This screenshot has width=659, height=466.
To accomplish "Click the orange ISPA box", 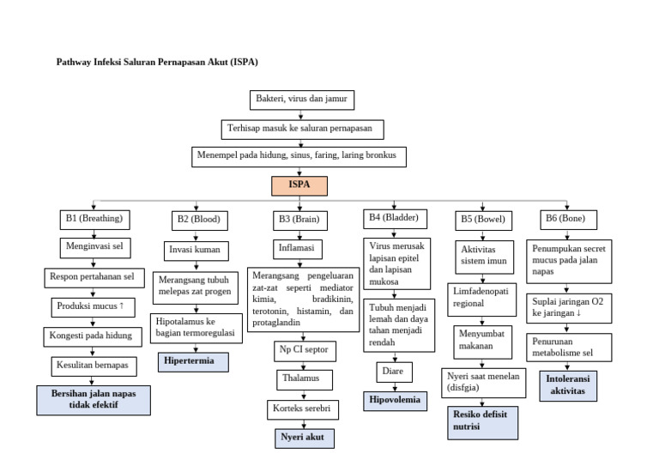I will [299, 185].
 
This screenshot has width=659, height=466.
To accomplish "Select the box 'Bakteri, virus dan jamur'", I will [301, 100].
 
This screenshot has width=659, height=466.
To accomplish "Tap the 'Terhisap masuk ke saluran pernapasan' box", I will [300, 129].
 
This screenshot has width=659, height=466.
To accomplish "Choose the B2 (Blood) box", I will [198, 220].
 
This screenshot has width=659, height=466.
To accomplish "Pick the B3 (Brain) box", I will [298, 220].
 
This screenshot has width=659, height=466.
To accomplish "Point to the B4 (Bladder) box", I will [393, 218].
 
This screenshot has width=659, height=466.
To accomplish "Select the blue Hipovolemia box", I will [396, 400].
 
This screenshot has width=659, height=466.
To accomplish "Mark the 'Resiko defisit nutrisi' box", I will [479, 421].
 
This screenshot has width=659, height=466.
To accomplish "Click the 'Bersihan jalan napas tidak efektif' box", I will [94, 399].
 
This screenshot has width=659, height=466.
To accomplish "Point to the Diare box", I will [394, 372].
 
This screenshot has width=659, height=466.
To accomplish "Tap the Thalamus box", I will [300, 378].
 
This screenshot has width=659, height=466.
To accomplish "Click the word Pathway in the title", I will [75, 62].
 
